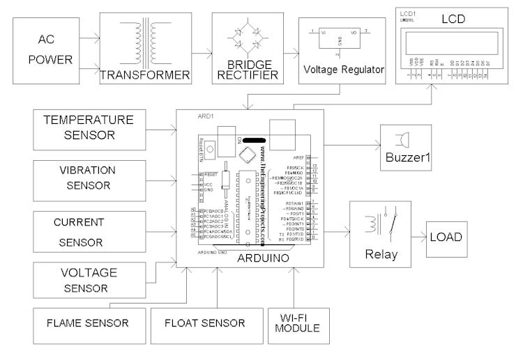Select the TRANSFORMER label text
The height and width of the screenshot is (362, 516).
145,74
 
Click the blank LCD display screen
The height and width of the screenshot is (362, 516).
452,42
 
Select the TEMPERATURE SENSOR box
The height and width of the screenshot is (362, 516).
89,127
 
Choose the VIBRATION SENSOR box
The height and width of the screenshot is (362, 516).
89,178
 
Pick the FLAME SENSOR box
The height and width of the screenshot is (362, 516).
87,323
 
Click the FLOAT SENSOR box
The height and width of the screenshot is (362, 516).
204,323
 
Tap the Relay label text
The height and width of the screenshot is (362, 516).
381,254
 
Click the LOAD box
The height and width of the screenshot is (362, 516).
446,237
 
